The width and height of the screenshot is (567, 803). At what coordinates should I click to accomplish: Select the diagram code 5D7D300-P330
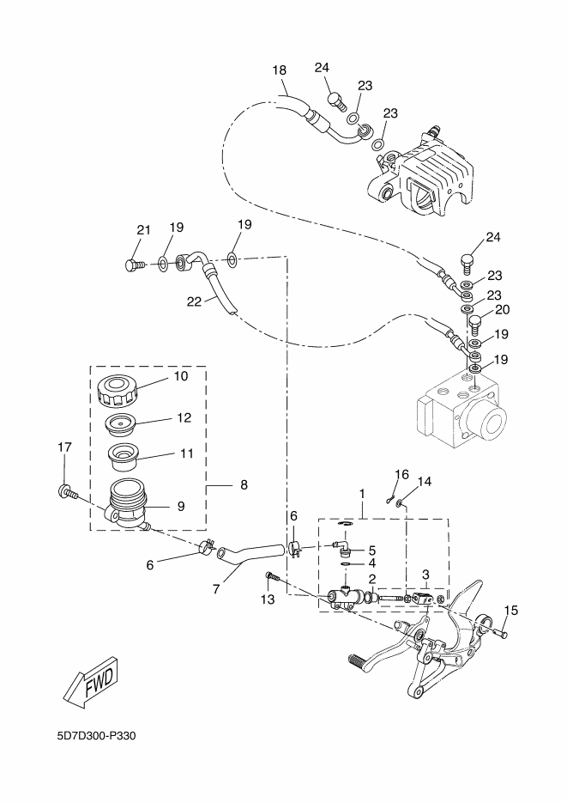coord(97,736)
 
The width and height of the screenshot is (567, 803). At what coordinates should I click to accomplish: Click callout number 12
coord(184,418)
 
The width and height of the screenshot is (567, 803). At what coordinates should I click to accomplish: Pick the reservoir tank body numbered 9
coord(126,504)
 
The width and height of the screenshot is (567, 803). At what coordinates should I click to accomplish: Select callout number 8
coord(244,484)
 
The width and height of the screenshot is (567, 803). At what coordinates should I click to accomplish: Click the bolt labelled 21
coord(135,265)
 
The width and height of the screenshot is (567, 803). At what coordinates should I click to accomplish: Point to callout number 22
coord(194,301)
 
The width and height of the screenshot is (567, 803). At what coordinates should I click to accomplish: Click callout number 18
coord(279,70)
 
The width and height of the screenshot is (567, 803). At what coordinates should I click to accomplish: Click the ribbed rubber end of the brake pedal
coord(359,660)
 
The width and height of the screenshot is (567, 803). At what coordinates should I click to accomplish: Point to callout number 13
coord(268,599)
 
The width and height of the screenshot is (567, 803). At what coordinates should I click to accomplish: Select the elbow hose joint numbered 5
coord(341,547)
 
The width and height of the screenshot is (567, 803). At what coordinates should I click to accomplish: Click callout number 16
coord(402,475)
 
